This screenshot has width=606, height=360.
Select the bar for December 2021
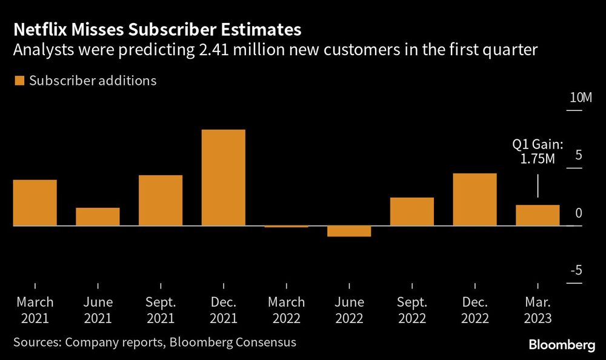(x=223, y=178)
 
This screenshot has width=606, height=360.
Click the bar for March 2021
(x=35, y=202)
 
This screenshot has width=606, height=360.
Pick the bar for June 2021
(x=98, y=216)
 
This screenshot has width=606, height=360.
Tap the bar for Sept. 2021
(x=161, y=200)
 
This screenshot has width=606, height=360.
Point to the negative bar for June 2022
(x=349, y=231)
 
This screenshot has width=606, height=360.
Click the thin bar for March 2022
(x=286, y=226)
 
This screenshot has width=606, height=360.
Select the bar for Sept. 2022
(x=412, y=212)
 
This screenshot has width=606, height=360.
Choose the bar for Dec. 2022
(x=474, y=199)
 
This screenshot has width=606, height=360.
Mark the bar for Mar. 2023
(x=538, y=215)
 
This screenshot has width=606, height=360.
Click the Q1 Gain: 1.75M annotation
(x=538, y=152)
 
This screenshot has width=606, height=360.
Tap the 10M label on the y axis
(x=579, y=98)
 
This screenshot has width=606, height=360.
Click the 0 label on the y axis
(x=578, y=213)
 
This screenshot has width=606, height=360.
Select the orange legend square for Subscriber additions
(x=19, y=81)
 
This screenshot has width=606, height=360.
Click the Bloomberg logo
(x=562, y=345)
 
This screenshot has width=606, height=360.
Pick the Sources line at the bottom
(x=155, y=342)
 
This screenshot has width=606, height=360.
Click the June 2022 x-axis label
(x=349, y=309)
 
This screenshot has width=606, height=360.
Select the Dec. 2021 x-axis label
(x=223, y=309)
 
